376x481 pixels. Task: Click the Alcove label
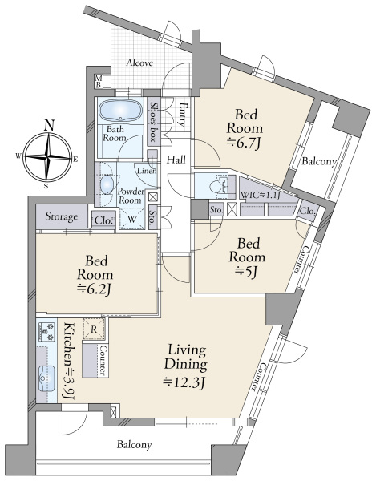point(139,63)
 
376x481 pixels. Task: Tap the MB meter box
point(99,81)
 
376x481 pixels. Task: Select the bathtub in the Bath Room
point(120,111)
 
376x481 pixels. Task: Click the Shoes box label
point(152,121)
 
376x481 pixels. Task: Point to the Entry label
point(183,114)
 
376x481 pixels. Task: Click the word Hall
point(176,160)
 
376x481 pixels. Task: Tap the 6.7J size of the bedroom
point(245,143)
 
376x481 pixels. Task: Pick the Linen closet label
point(147,171)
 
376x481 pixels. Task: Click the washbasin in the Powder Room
point(107,184)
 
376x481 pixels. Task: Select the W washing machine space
point(131,219)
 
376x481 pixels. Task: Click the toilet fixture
point(219,186)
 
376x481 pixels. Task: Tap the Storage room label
point(62,216)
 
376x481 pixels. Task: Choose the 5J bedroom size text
point(247,272)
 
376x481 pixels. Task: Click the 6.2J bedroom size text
point(94,289)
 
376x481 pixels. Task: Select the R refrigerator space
point(94,329)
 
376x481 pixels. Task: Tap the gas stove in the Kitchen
point(46,332)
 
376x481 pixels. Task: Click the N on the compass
point(48,125)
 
